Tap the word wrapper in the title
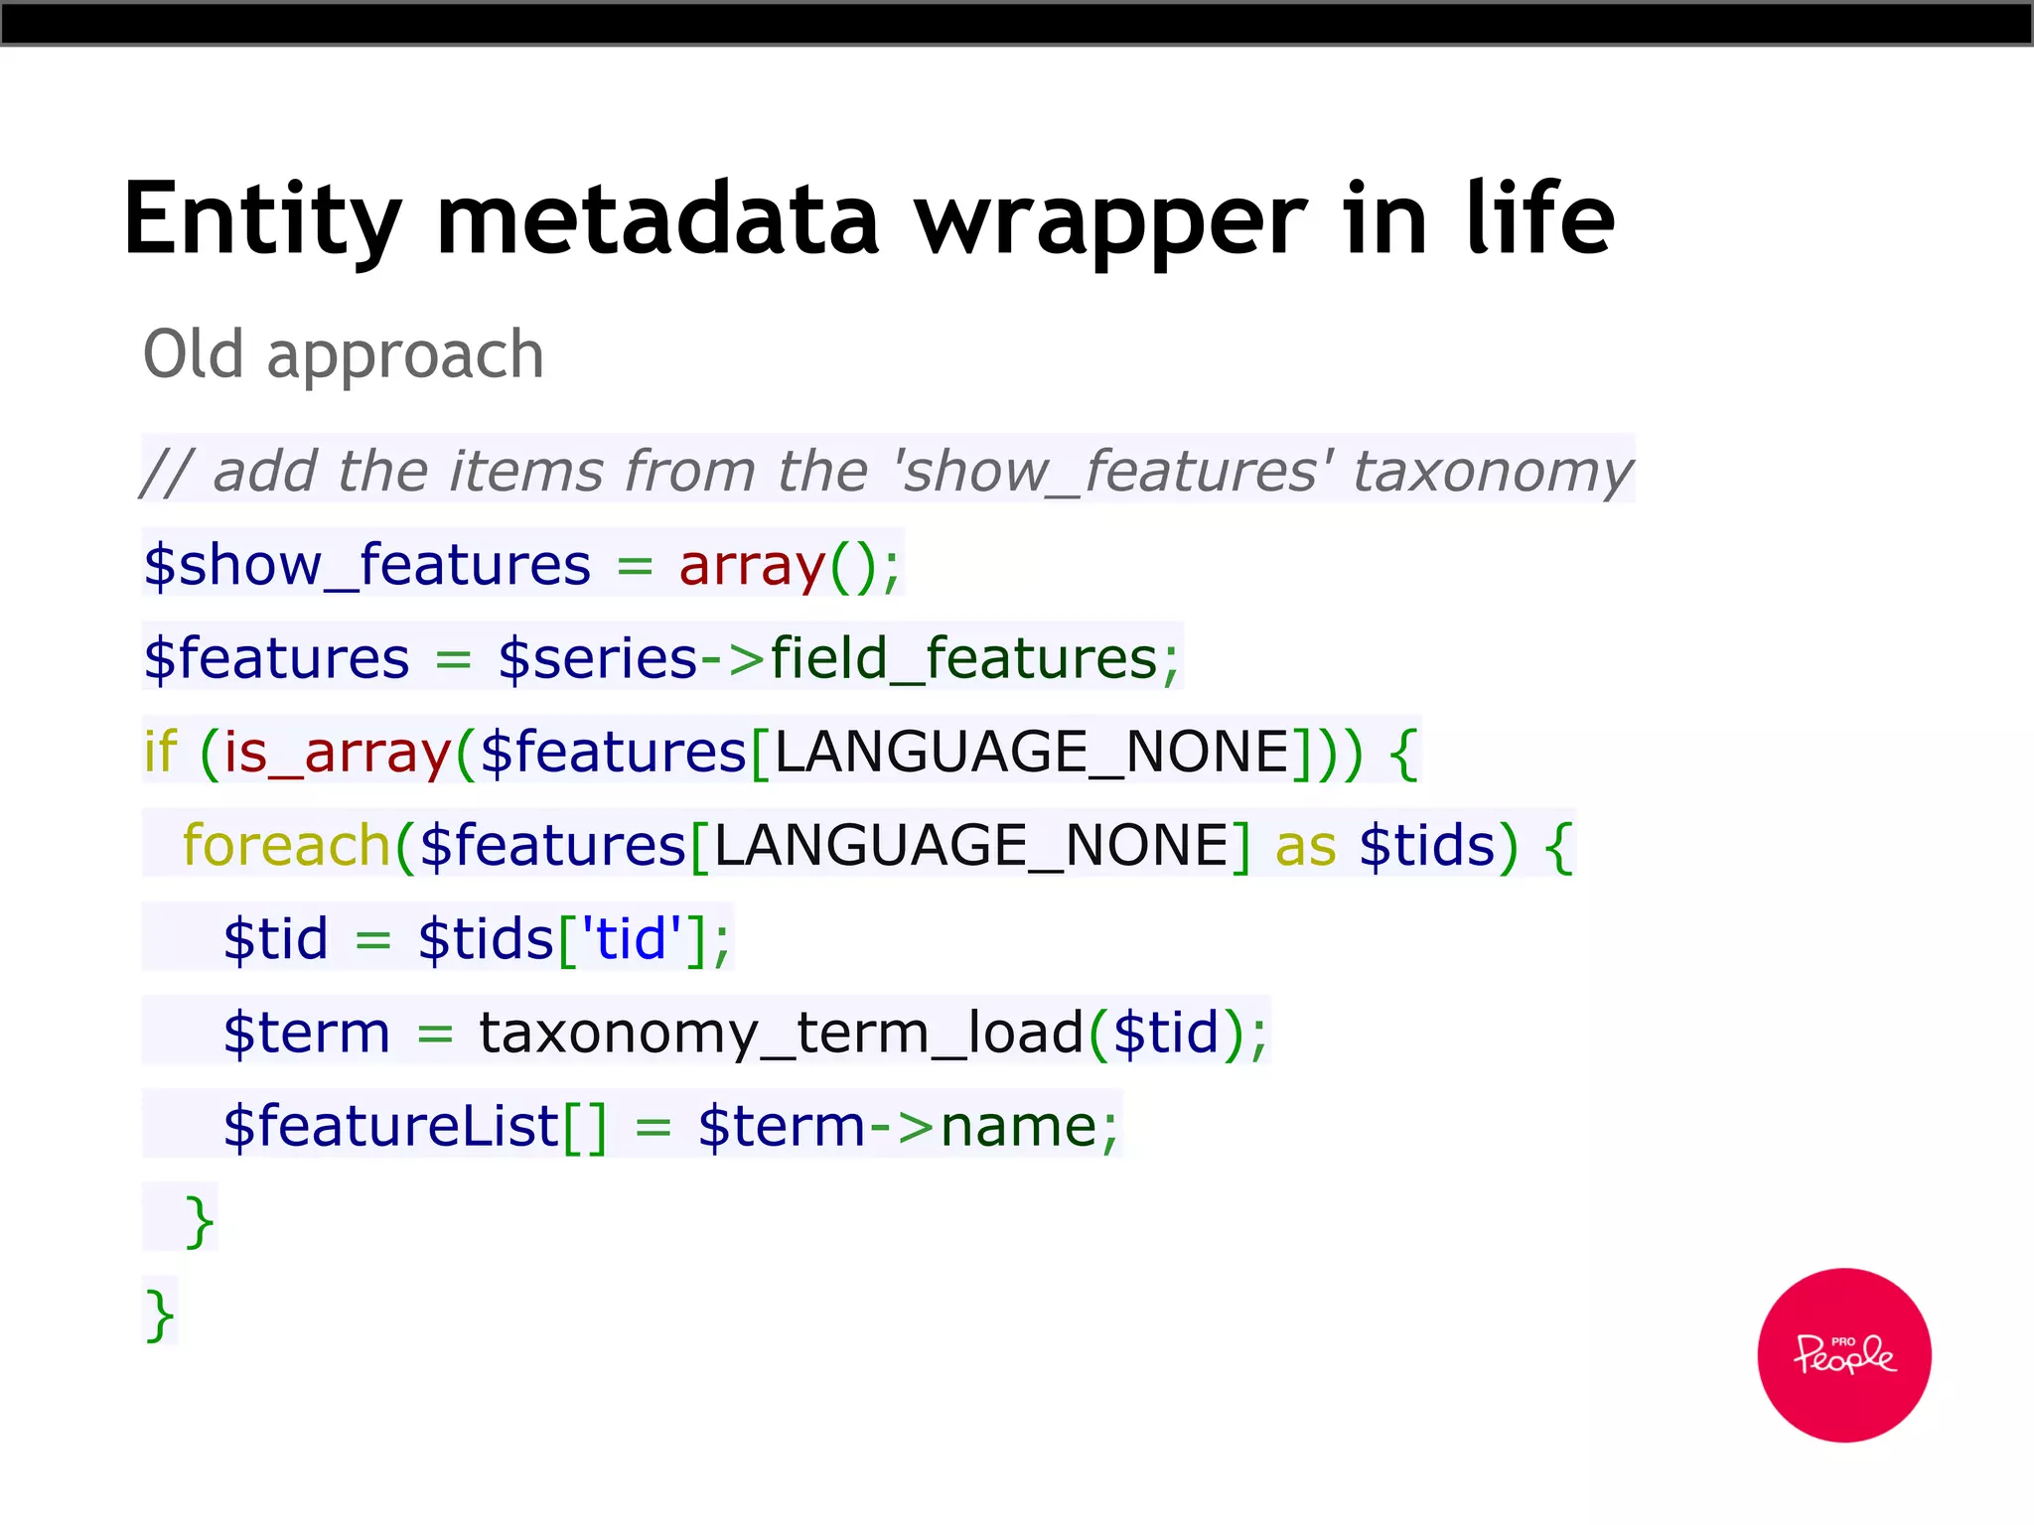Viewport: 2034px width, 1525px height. (1109, 220)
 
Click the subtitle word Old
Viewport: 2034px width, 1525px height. (194, 354)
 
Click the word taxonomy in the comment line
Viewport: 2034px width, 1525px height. (1492, 471)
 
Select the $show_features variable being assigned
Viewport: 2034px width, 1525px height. (367, 565)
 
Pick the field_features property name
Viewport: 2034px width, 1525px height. (963, 658)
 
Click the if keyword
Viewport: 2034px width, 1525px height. (161, 752)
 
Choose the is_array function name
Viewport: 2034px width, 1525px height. (338, 753)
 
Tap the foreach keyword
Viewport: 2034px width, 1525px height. (287, 846)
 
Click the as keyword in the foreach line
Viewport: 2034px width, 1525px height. (1305, 846)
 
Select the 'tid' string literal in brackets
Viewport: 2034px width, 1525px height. (632, 938)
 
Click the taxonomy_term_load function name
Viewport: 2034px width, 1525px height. (781, 1033)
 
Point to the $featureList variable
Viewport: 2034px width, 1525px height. (391, 1126)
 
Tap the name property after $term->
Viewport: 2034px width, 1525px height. (1018, 1126)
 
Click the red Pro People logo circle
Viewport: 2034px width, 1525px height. (1843, 1354)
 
